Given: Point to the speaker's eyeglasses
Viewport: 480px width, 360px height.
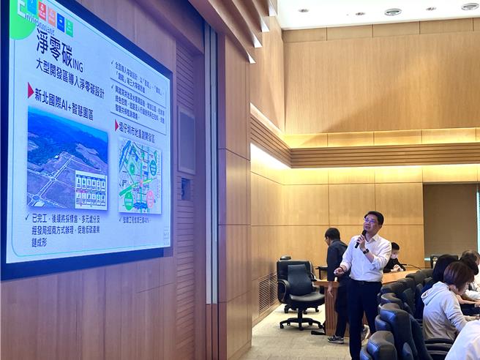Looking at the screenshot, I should (x=372, y=221).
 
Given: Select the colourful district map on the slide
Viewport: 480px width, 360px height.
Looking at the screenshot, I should (x=139, y=176).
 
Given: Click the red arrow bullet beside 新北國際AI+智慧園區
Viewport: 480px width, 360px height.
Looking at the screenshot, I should (x=30, y=90).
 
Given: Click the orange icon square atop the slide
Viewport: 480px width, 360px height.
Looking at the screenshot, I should (x=42, y=10).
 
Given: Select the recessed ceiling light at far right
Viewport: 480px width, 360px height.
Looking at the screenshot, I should (x=469, y=6).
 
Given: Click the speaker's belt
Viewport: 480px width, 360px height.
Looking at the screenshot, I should (x=365, y=282).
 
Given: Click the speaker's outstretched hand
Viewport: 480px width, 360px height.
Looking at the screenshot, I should (x=339, y=271).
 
